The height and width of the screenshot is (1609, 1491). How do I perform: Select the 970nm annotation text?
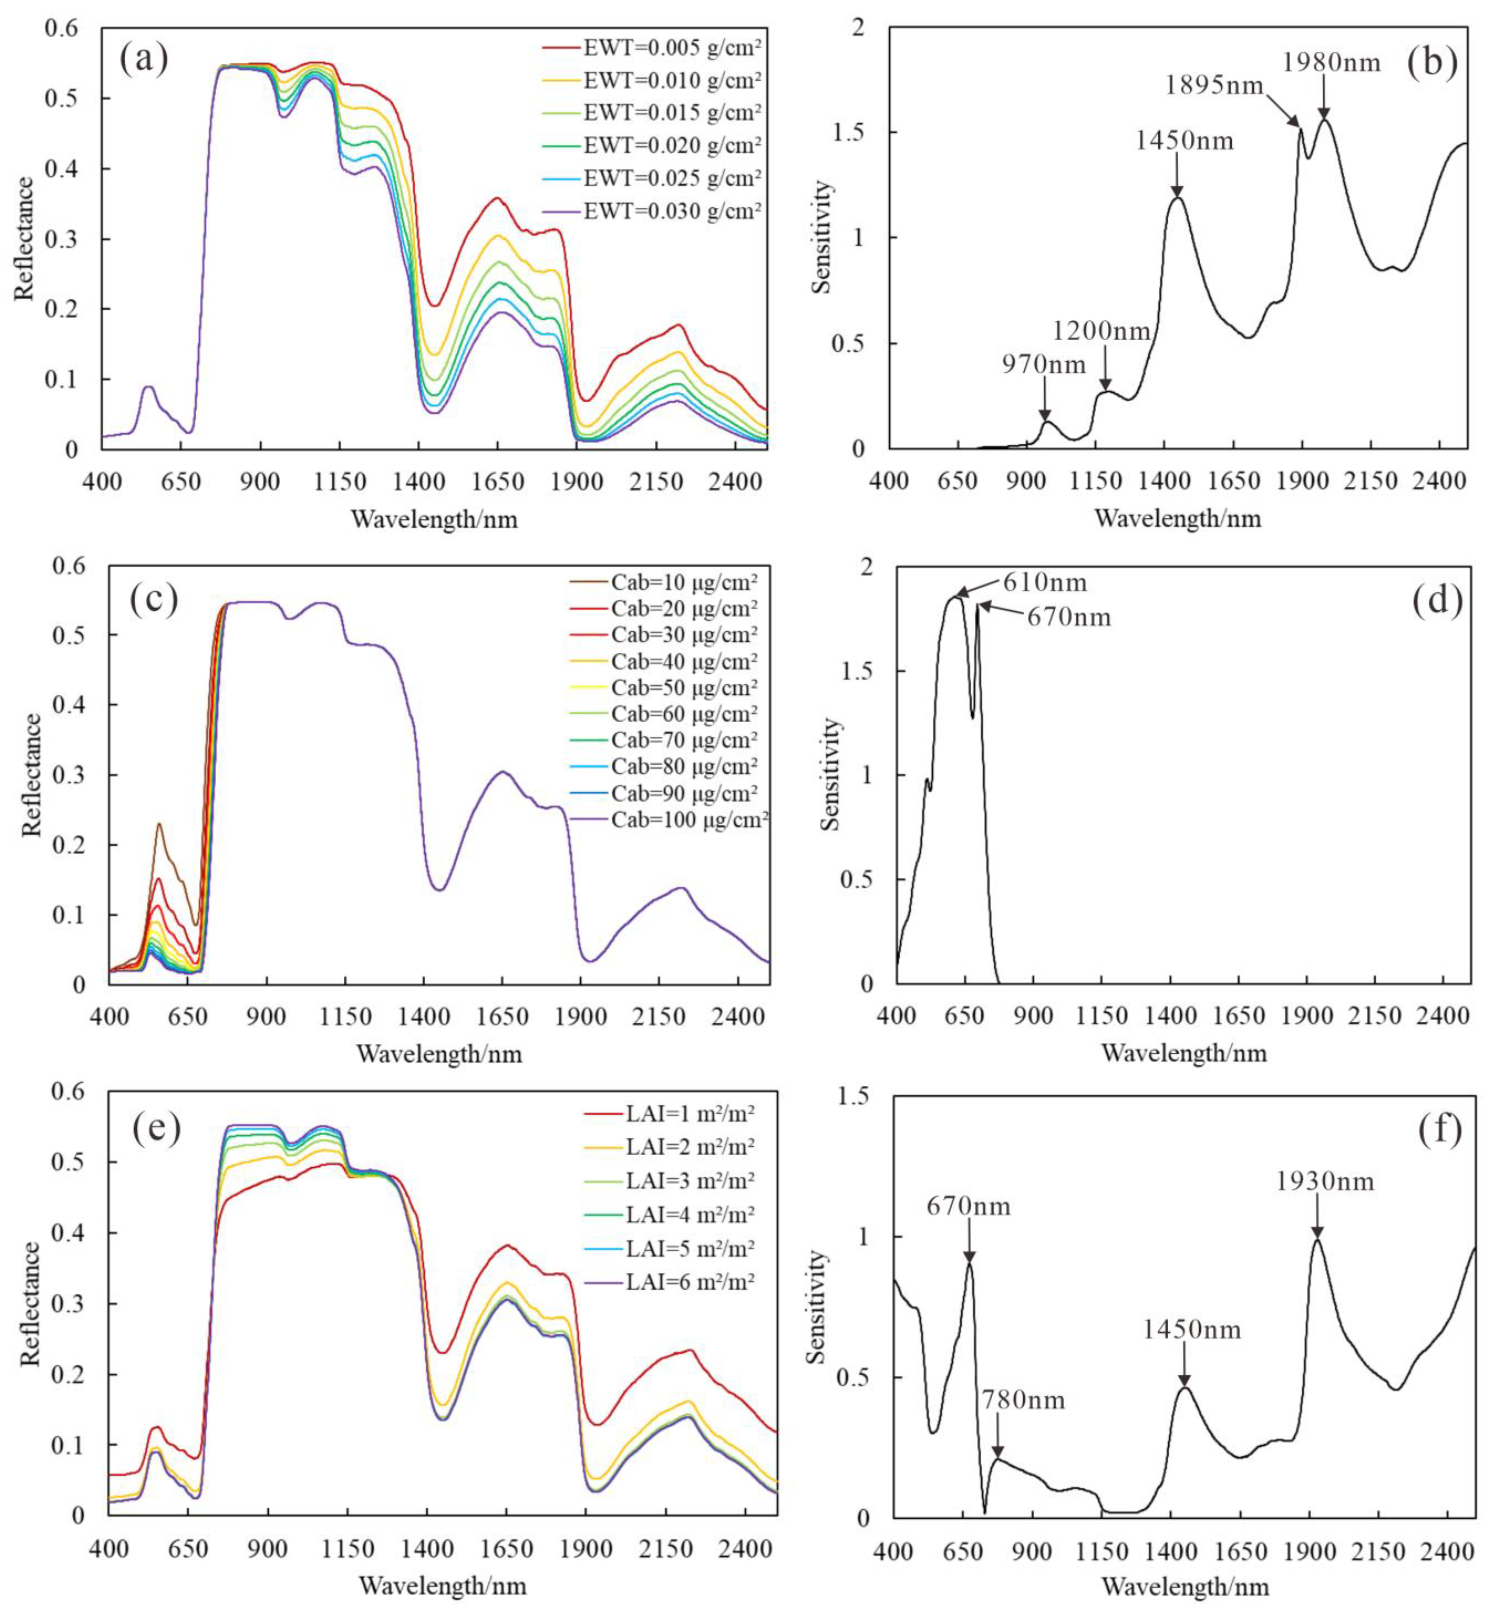pyautogui.click(x=1044, y=365)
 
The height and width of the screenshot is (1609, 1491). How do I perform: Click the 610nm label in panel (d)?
pyautogui.click(x=1045, y=582)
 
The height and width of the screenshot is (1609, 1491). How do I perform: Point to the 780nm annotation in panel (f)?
pyautogui.click(x=1023, y=1400)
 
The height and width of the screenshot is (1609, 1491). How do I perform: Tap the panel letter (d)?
pyautogui.click(x=1437, y=603)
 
